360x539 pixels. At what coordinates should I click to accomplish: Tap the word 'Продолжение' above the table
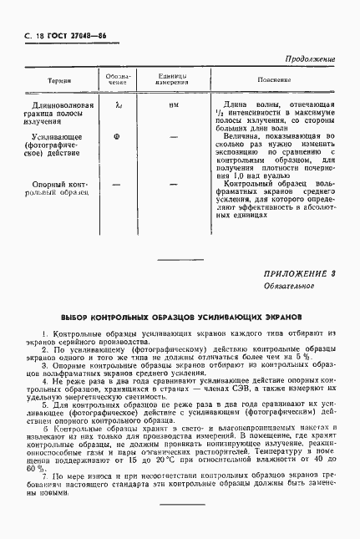310,59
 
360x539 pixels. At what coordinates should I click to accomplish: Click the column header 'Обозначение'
118,80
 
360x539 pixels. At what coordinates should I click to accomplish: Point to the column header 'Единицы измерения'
173,80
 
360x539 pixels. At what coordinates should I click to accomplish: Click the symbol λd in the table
118,104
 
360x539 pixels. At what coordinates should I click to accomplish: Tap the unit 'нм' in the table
173,104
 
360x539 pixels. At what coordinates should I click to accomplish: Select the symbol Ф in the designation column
117,135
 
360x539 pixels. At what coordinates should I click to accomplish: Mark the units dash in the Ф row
173,135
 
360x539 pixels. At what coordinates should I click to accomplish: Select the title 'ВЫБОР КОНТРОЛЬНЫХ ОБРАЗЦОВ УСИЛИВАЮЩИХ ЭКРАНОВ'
180,318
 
